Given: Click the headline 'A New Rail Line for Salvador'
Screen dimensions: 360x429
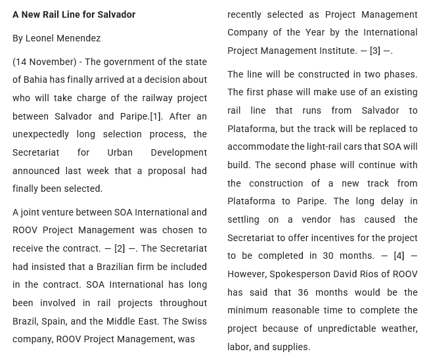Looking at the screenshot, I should (x=74, y=14).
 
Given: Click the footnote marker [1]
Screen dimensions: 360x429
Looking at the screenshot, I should (x=156, y=116).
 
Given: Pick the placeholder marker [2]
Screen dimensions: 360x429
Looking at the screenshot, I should (x=120, y=248).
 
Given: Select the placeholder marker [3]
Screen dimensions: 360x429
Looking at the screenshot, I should (x=375, y=51).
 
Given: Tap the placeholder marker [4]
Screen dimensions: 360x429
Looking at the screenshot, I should (x=399, y=256).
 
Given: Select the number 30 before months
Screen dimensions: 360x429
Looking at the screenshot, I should (x=328, y=256).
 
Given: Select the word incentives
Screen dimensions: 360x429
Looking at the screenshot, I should (x=346, y=238).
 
